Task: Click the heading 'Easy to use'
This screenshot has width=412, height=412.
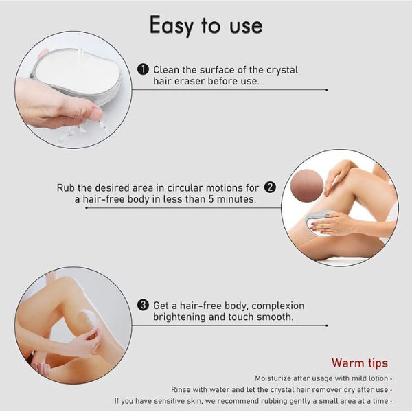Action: click(x=206, y=26)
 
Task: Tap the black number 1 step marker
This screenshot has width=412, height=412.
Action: click(x=144, y=69)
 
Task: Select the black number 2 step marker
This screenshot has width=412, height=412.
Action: click(x=270, y=187)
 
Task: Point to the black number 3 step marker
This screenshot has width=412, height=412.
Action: click(x=144, y=306)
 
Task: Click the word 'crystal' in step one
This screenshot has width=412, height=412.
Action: click(x=282, y=71)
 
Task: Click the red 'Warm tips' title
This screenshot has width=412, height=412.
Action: click(x=360, y=363)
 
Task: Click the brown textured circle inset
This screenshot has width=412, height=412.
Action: click(x=307, y=185)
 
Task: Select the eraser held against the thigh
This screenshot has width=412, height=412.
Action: click(x=318, y=222)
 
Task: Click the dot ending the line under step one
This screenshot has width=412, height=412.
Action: click(x=327, y=90)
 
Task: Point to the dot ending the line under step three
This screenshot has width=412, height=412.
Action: click(x=327, y=325)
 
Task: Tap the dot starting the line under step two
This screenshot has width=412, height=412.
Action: click(x=87, y=208)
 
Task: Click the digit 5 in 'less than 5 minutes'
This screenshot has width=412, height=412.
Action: click(x=211, y=199)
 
